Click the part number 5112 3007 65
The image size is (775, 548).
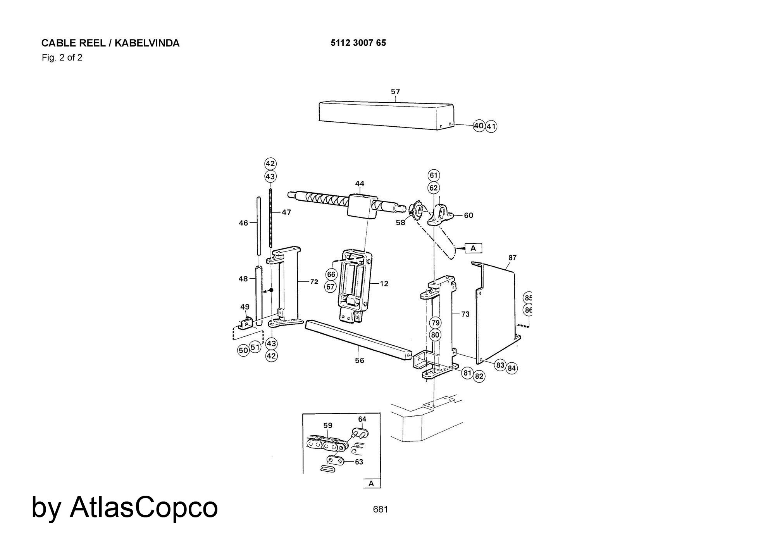(x=358, y=43)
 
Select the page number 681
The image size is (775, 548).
(x=380, y=509)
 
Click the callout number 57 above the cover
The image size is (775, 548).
(x=395, y=91)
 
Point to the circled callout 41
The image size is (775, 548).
(x=491, y=126)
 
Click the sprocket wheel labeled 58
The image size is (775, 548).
(x=417, y=210)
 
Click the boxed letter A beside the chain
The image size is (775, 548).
(x=473, y=248)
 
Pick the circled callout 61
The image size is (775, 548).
(x=434, y=175)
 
